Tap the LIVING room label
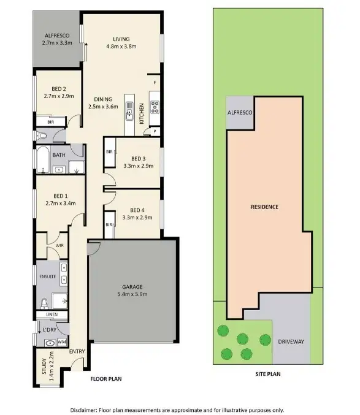[121, 39]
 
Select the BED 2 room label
[58, 88]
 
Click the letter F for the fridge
[155, 82]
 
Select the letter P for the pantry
[155, 131]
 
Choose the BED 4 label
[134, 210]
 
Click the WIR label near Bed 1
[60, 246]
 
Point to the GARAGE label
[132, 287]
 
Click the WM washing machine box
[61, 342]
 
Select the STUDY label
[44, 366]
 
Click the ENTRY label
[77, 351]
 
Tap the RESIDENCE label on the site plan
[264, 207]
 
